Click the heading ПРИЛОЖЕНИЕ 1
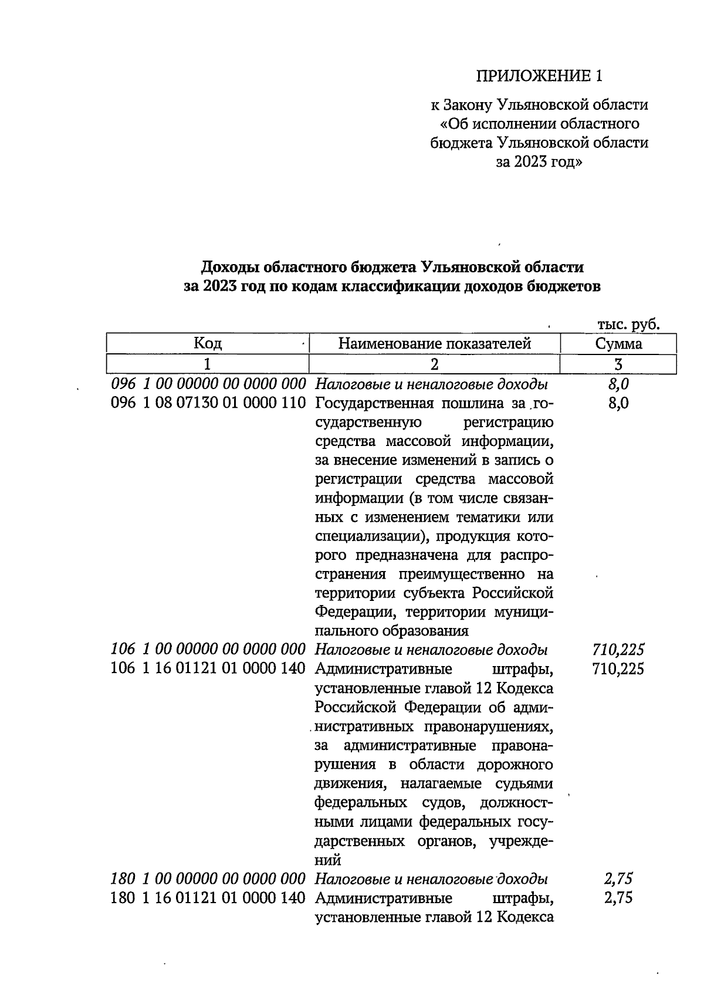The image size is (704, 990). coord(539,76)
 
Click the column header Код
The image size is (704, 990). coord(208,344)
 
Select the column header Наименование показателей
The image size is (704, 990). coord(435,344)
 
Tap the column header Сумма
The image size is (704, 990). coord(618,344)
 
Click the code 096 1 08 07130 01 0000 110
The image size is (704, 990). coord(208,404)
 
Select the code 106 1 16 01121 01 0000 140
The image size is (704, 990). coord(208,668)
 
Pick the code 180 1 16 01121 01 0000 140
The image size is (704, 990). coord(208,898)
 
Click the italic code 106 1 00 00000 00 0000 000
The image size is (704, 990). coord(208,650)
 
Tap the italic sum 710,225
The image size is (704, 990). coord(618,650)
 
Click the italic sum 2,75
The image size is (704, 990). coord(618,879)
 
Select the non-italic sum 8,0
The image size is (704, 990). coord(618,404)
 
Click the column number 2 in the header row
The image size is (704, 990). coord(434,364)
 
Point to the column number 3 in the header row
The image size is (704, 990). coord(618,364)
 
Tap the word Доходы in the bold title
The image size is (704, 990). coord(230,268)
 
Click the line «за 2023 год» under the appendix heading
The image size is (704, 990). coord(539,162)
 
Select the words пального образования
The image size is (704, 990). coord(392,631)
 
